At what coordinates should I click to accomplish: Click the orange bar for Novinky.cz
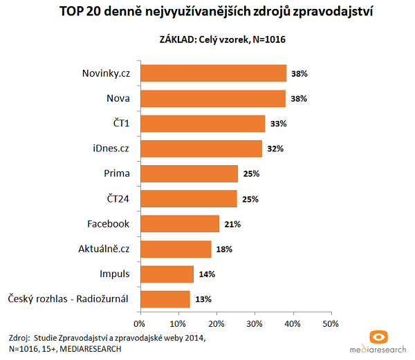[213, 73]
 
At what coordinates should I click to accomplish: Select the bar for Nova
[212, 98]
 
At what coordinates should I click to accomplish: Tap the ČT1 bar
[203, 124]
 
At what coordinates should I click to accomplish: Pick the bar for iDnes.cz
[201, 149]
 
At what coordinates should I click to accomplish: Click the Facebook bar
[180, 224]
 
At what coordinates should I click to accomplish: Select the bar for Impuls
[167, 274]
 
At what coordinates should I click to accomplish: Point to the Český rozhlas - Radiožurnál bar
[165, 299]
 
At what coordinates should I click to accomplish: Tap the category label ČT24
[117, 199]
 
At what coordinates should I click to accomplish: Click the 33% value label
[277, 124]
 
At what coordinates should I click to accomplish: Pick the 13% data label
[203, 299]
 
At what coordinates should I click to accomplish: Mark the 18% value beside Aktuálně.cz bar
[223, 249]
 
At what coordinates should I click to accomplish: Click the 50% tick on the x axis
[331, 323]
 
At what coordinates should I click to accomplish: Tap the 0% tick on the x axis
[140, 323]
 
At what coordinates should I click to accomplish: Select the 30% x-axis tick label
[255, 323]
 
